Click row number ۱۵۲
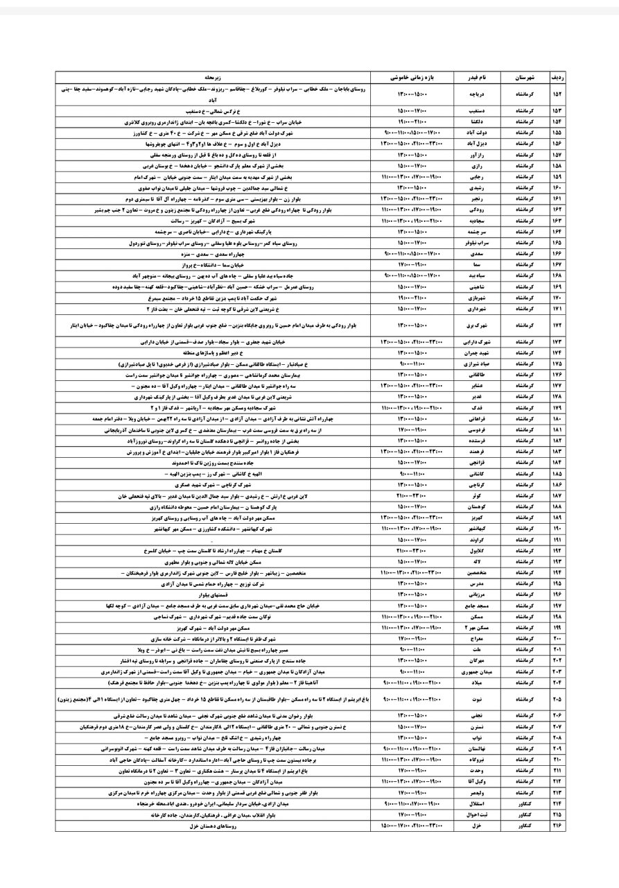coord(557,94)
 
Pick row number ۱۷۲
coord(557,325)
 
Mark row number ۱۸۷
coord(557,497)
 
